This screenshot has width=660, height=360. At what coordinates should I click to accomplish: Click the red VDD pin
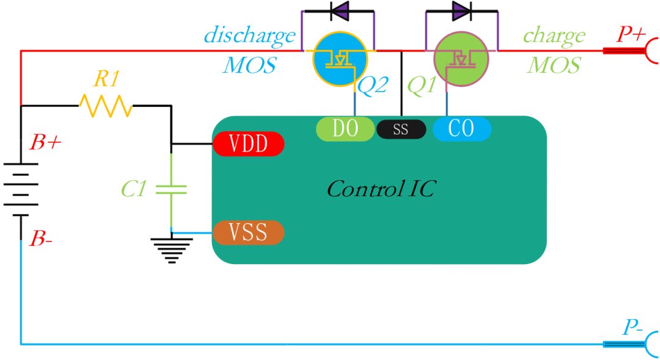point(248,144)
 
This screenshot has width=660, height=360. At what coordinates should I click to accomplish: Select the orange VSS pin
point(248,232)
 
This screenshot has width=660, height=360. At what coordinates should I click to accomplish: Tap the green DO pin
point(345,128)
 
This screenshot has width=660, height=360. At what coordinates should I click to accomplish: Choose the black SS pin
point(401,129)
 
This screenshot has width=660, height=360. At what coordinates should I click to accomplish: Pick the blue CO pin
point(462,128)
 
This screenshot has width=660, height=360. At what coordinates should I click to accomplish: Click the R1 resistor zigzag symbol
point(106,106)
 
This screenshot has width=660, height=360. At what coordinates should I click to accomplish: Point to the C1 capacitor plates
point(171,189)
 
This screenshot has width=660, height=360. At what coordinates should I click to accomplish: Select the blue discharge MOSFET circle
point(340,59)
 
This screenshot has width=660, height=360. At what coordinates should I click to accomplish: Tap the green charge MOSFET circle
point(461,59)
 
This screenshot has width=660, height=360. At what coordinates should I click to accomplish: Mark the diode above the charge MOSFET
point(461,11)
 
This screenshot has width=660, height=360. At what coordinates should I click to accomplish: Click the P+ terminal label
point(631,34)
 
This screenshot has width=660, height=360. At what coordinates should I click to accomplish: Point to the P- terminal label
point(632,327)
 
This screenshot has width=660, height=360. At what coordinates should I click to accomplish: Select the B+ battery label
point(45,143)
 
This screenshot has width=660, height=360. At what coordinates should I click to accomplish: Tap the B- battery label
point(41,239)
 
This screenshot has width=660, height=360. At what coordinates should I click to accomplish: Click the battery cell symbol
point(21,189)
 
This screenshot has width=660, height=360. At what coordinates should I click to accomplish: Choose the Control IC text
point(381,189)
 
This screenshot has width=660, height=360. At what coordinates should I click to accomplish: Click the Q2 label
point(372,86)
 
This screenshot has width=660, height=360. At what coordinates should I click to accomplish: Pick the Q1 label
point(422,86)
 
